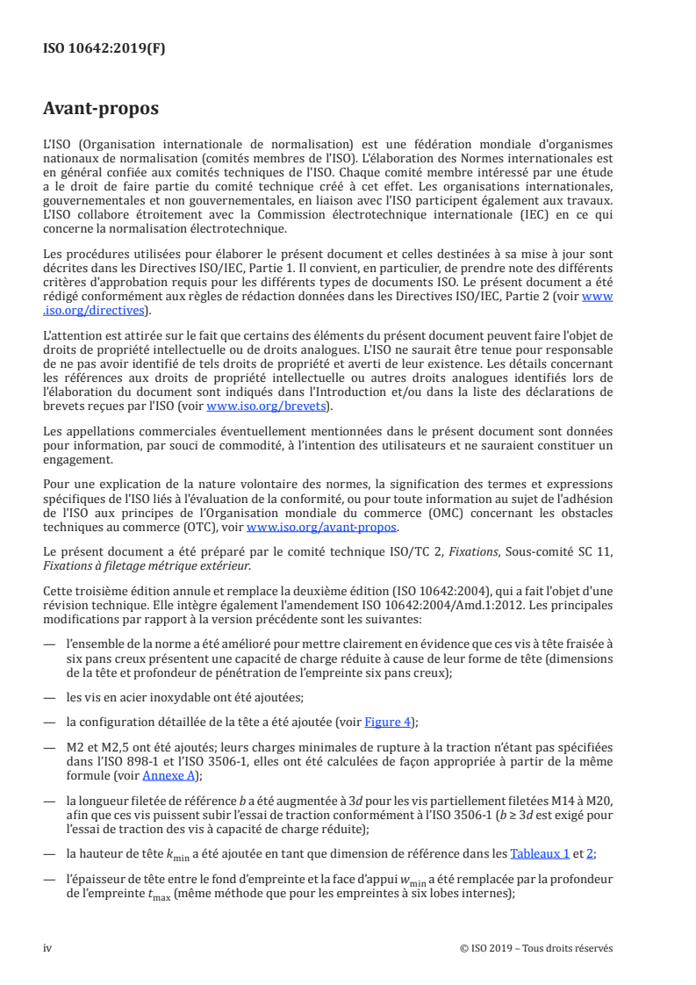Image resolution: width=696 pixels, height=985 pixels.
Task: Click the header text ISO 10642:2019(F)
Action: pyautogui.click(x=104, y=49)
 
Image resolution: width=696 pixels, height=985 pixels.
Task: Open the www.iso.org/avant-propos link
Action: pyautogui.click(x=322, y=527)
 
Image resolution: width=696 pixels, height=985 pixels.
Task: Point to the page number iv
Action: pyautogui.click(x=47, y=948)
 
